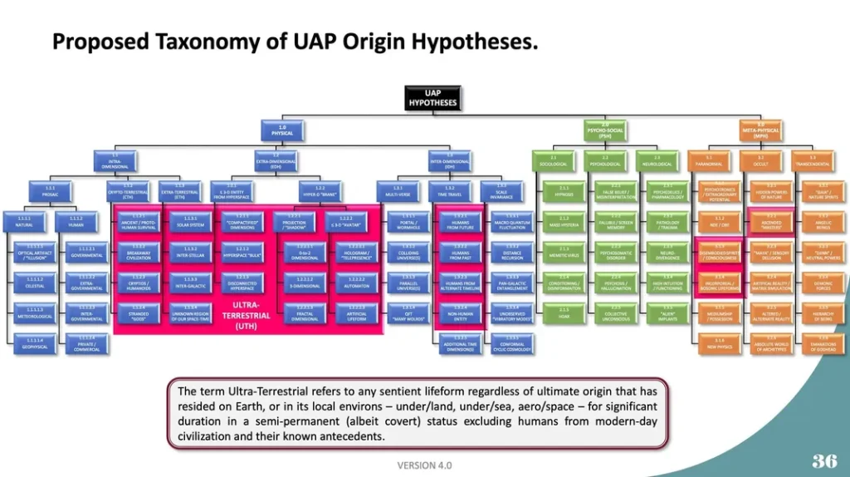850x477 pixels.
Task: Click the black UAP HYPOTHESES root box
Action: pos(432,97)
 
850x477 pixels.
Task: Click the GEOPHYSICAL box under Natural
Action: pos(35,343)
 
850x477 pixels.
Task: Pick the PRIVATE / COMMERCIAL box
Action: pos(87,343)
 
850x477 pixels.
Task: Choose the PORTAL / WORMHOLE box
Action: pos(403,222)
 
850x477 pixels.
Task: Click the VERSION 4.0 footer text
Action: pos(424,465)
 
